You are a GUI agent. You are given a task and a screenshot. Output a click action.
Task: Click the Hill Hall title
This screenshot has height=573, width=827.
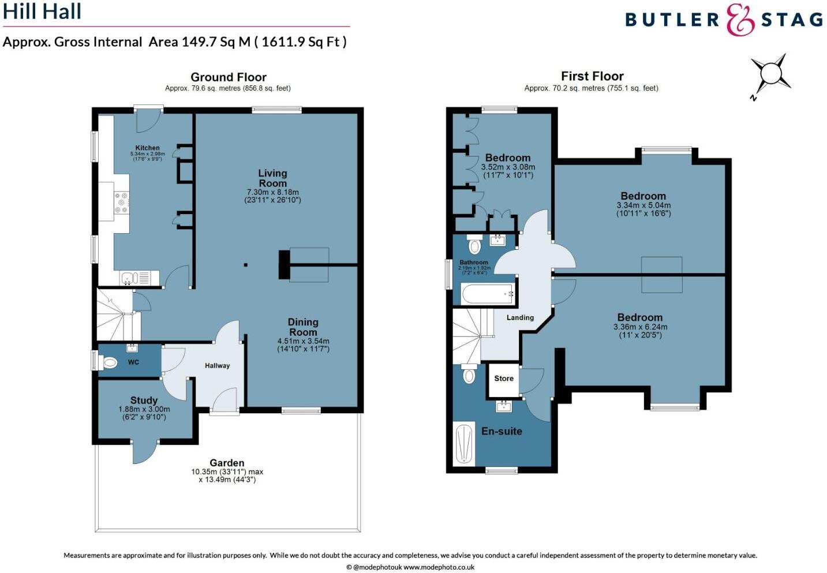42,12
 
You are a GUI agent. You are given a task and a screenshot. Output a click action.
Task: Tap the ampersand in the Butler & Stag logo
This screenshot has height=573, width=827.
740,20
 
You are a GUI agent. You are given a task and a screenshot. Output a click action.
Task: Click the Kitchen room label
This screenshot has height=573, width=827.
147,148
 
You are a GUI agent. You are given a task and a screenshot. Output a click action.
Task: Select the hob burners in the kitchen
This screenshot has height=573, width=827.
121,203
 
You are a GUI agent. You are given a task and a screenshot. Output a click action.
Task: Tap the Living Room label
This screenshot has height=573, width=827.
272,178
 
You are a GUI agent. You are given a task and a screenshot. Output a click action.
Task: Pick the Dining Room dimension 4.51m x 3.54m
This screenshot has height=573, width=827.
303,344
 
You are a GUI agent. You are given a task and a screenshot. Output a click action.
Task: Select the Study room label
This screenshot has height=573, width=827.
144,400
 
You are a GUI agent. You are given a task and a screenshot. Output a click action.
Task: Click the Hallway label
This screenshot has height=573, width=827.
217,365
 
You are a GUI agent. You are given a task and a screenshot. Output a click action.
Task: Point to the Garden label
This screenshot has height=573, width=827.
227,463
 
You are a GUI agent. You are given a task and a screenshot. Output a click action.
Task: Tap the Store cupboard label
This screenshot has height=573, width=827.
503,379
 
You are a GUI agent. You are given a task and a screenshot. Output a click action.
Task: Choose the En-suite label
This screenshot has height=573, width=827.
502,431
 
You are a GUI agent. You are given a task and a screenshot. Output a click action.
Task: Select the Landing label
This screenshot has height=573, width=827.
520,317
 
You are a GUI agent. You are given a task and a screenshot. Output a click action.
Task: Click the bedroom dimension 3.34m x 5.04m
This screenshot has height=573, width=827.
643,209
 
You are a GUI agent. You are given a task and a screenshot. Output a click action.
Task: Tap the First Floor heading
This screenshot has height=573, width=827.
592,76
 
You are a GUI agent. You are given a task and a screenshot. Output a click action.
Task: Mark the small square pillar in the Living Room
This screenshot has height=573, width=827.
246,265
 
